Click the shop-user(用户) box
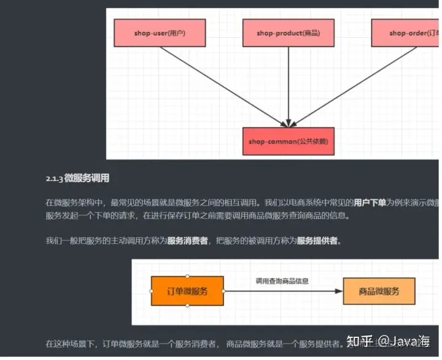[160, 33]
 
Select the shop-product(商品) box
[289, 33]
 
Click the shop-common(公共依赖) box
[288, 142]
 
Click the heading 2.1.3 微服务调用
[77, 178]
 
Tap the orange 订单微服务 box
[187, 291]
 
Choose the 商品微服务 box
[379, 291]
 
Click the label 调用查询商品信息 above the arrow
[282, 281]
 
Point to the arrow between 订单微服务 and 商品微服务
[282, 291]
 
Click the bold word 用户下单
[370, 202]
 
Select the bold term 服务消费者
[188, 240]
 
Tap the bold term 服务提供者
[317, 240]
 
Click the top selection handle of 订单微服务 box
[187, 277]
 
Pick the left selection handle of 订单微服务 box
[152, 291]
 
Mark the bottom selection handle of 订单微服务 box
[187, 306]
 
